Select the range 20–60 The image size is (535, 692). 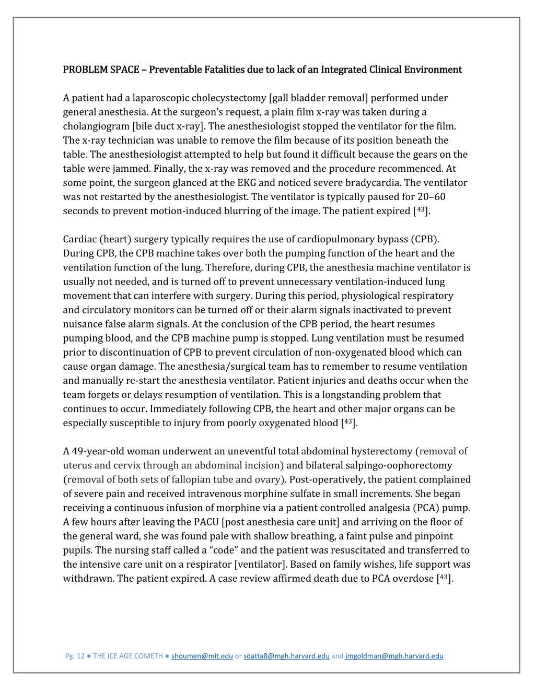click(x=431, y=197)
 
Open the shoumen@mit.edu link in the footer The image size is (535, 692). click(x=202, y=656)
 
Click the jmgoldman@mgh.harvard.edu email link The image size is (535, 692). click(x=394, y=656)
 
